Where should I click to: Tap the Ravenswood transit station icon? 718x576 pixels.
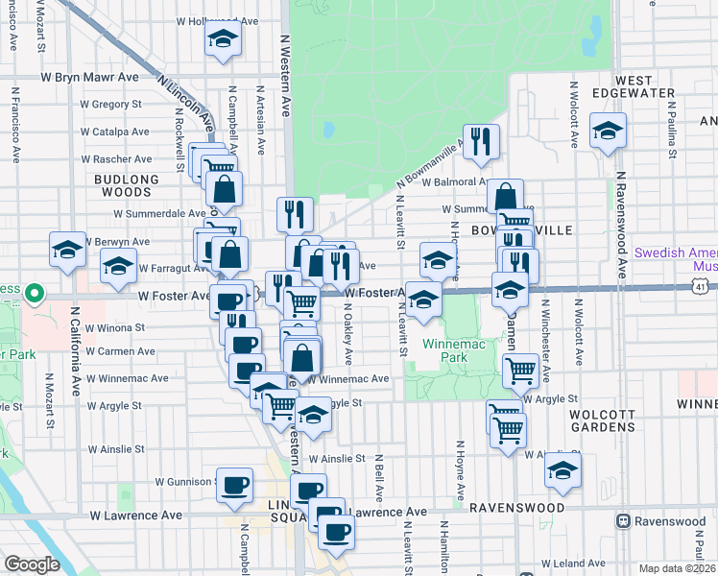tap(622, 521)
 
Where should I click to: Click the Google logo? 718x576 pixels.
tap(32, 564)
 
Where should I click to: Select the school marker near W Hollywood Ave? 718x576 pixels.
tap(224, 39)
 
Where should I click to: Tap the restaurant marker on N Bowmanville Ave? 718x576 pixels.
tap(481, 141)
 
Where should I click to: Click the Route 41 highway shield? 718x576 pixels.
tap(702, 286)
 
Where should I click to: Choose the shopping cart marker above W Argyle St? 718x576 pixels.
tap(520, 369)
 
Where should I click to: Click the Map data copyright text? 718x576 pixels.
tap(678, 568)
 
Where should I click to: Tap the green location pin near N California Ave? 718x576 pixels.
tap(34, 292)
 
